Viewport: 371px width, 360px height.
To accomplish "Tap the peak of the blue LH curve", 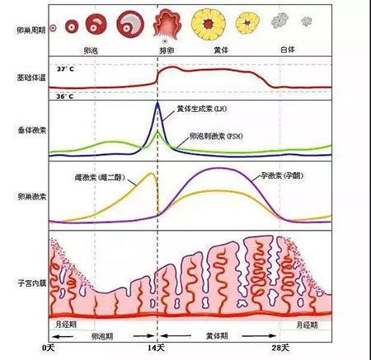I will tap(157, 103).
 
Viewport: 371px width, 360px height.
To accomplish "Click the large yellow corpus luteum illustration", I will tap(206, 22).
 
